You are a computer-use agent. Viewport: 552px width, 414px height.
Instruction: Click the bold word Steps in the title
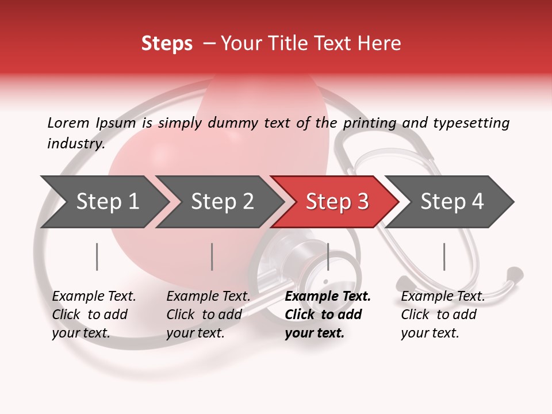167,44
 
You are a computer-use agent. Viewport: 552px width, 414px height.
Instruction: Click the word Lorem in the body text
68,122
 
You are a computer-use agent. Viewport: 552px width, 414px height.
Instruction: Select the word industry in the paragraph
75,144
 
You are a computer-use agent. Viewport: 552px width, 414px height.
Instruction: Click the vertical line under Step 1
97,256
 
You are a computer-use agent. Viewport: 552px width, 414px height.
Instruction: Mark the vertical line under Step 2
212,256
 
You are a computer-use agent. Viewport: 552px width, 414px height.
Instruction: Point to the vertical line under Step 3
328,256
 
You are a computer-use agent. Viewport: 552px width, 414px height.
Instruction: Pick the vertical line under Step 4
444,256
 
